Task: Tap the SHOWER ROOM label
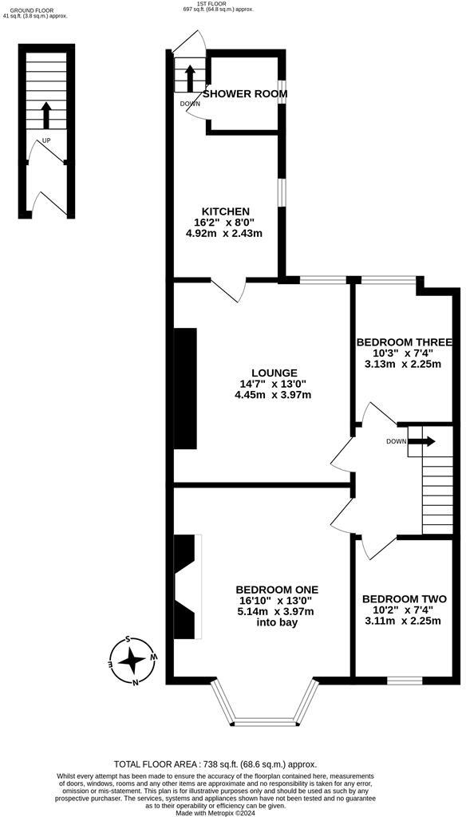245,94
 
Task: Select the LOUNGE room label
274,373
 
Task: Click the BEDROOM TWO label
404,599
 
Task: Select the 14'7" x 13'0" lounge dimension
274,384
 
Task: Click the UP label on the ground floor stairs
46,140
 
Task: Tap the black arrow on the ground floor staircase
46,115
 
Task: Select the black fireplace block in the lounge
185,389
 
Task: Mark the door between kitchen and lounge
229,290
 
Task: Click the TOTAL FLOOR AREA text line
215,764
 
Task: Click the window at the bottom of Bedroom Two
404,681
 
